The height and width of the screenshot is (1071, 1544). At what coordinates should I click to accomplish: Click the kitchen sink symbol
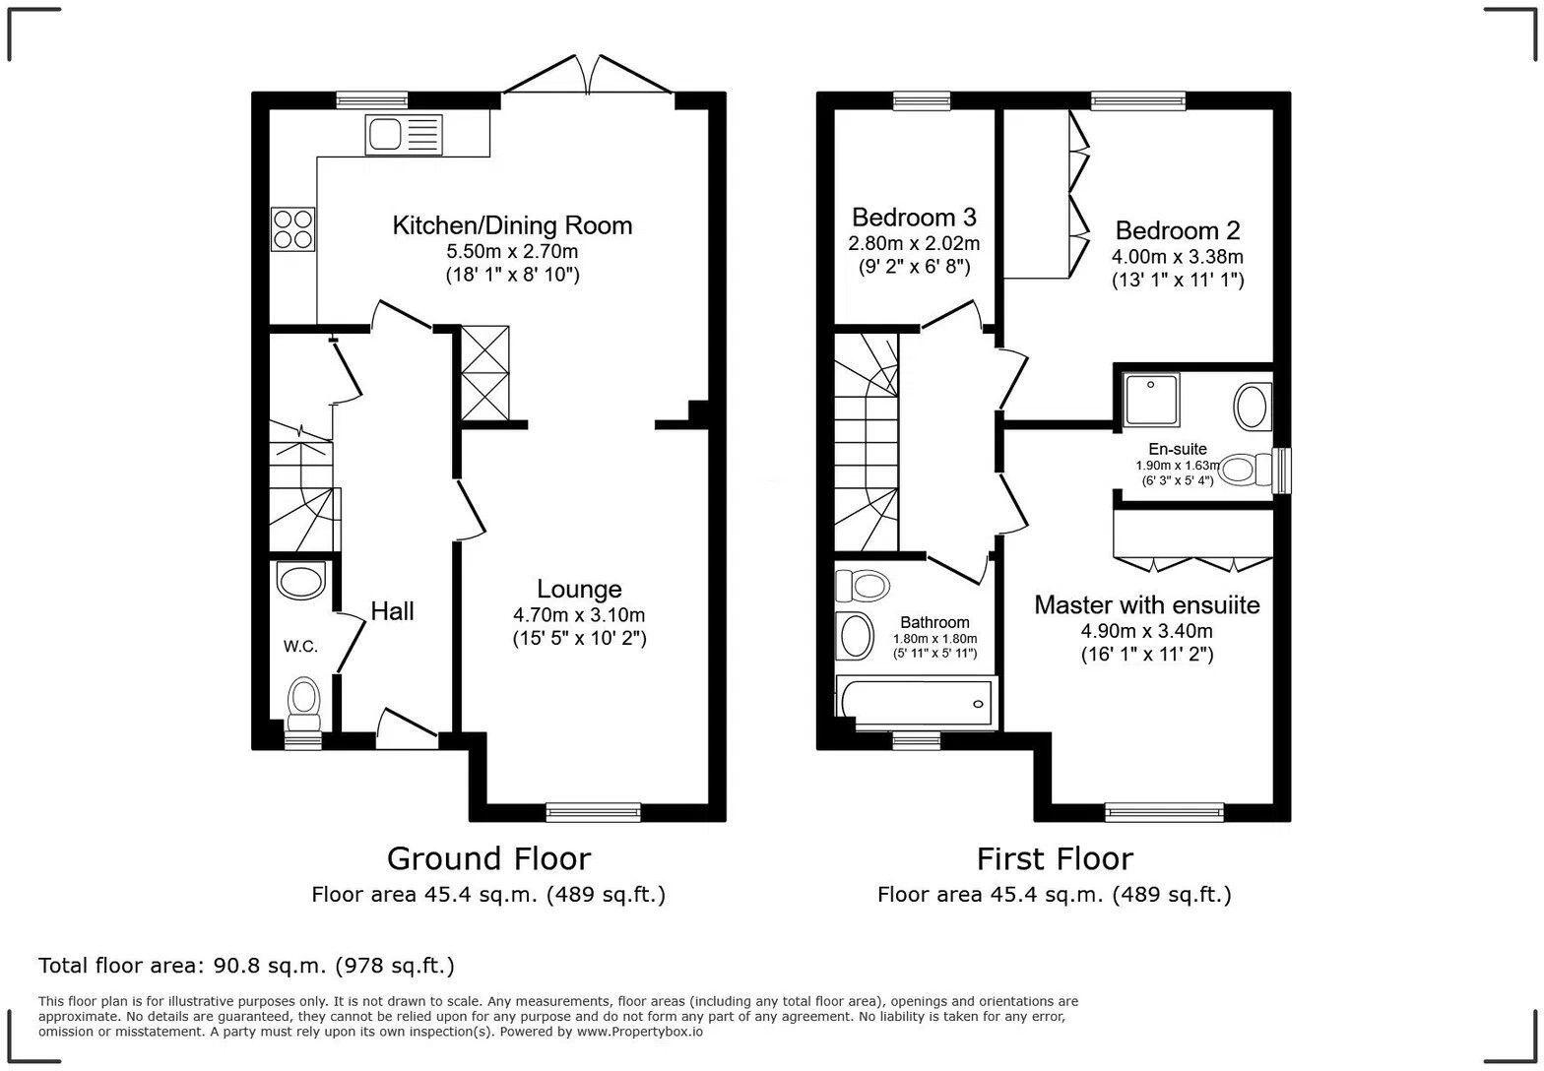pos(404,134)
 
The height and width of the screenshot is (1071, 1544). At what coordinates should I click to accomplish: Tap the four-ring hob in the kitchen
pos(292,228)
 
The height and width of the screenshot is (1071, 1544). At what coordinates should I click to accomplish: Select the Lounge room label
pos(578,589)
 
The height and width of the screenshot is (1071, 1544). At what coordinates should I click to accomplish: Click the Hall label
pos(392,611)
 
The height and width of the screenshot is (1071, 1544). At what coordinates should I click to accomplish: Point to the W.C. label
pos(300,647)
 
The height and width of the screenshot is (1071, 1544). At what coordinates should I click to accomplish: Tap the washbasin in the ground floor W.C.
pos(301,580)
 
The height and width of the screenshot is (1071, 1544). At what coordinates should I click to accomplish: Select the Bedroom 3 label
pos(914,217)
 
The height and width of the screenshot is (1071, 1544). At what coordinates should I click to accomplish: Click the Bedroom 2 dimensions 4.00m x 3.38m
pos(1178,257)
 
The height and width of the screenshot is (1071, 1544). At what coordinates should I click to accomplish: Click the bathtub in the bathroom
pos(917,703)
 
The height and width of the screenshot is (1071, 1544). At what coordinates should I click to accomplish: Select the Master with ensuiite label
pos(1146,604)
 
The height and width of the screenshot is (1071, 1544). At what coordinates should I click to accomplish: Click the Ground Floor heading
pos(488,858)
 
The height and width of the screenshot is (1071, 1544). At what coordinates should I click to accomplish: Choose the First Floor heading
pos(1055,858)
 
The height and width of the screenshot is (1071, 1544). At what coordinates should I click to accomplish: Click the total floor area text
pos(246,966)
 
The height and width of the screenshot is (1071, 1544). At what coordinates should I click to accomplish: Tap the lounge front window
pos(593,812)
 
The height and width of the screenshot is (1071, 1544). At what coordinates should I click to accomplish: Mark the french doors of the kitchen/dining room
pos(588,79)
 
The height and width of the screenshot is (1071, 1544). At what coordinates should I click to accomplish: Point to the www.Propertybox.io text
pos(639,1033)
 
